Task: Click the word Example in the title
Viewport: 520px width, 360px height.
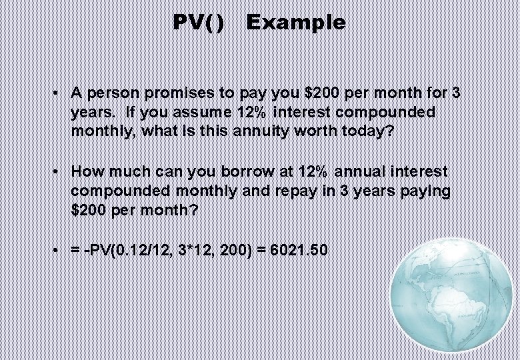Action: (x=295, y=23)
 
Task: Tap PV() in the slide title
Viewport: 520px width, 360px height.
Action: (x=199, y=23)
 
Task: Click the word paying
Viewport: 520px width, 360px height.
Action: (x=424, y=191)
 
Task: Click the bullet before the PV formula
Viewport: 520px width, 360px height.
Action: (x=59, y=251)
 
